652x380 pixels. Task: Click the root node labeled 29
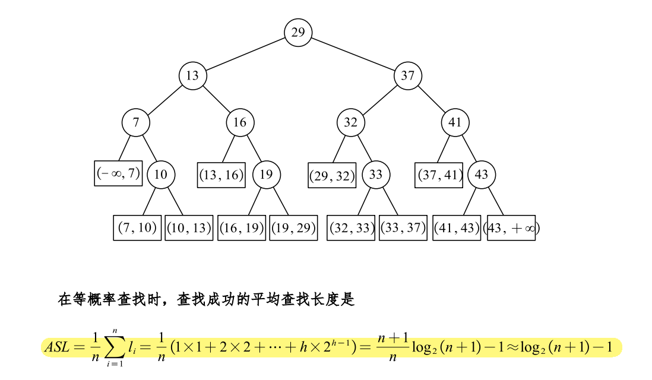coord(298,32)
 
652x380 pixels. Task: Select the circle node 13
coord(192,76)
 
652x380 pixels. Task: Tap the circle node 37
coord(408,76)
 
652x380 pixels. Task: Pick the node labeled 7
coord(136,123)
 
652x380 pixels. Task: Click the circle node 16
coord(240,123)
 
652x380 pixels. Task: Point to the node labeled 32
coord(351,123)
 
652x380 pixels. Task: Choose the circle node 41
coord(455,123)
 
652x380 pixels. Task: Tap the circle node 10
coord(160,175)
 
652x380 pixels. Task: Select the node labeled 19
coord(266,175)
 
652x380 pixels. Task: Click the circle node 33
coord(375,175)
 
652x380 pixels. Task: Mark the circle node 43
coord(482,175)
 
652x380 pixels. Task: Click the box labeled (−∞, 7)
coord(118,173)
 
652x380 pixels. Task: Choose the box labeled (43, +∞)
coord(512,228)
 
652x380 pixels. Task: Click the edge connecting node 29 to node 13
coord(245,54)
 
